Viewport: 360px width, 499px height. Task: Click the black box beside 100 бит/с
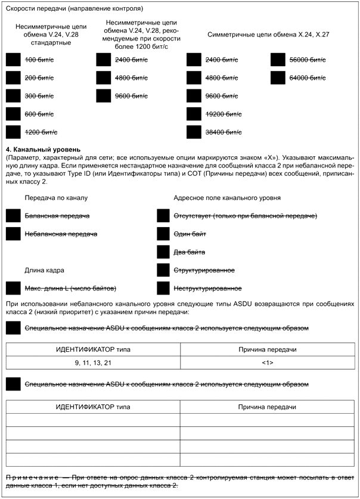pos(13,60)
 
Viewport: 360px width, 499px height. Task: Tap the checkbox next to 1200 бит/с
pos(13,132)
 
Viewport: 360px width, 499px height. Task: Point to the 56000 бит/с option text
pos(307,60)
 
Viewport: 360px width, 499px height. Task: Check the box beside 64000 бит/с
pos(278,78)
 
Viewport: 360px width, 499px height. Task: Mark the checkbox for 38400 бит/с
pos(194,132)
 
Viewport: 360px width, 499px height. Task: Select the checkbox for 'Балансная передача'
pos(13,215)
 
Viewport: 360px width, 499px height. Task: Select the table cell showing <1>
pos(267,363)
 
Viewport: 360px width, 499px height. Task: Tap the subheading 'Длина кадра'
pos(45,270)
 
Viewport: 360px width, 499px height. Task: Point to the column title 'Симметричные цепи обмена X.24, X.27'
pos(268,35)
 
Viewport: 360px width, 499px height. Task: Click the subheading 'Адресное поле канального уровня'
pos(227,197)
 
